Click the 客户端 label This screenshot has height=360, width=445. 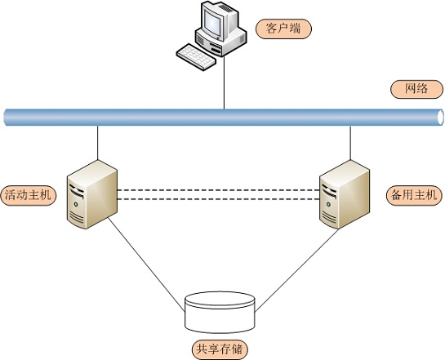click(283, 29)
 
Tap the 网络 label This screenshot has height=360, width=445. click(416, 89)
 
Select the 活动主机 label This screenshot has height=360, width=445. click(29, 195)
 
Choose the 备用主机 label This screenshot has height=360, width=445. click(414, 195)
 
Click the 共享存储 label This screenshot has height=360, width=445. click(220, 349)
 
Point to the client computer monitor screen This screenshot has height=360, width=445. click(213, 22)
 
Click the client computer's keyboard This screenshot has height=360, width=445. click(196, 57)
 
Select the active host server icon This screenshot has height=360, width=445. click(92, 194)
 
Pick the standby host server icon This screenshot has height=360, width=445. click(345, 194)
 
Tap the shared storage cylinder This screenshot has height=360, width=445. click(220, 313)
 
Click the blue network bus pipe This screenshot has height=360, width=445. click(224, 118)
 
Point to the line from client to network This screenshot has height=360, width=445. click(225, 82)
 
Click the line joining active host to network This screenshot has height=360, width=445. click(98, 143)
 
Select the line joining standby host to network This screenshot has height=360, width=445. click(350, 143)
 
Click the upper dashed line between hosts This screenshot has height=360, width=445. click(219, 190)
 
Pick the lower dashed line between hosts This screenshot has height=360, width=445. click(219, 199)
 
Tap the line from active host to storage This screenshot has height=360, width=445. click(146, 264)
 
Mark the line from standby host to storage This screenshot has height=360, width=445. click(296, 270)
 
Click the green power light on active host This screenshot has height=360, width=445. click(76, 204)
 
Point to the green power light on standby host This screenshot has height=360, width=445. click(328, 204)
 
